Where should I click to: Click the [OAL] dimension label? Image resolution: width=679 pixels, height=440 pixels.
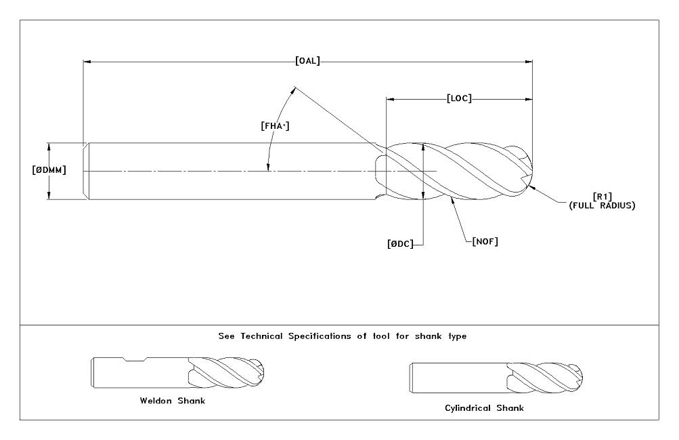[308, 61]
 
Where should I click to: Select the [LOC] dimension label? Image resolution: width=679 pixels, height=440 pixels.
[460, 98]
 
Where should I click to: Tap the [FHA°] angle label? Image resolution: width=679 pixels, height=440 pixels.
[275, 125]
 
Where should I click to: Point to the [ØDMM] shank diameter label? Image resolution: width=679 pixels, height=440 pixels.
[49, 170]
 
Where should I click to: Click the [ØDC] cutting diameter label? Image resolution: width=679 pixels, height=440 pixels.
[400, 243]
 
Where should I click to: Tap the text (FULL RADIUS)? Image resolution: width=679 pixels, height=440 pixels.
[602, 205]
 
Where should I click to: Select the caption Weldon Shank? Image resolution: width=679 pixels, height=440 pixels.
[172, 400]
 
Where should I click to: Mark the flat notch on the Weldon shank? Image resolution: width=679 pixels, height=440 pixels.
[136, 359]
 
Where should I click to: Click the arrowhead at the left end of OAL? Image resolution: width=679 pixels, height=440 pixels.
[86, 61]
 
